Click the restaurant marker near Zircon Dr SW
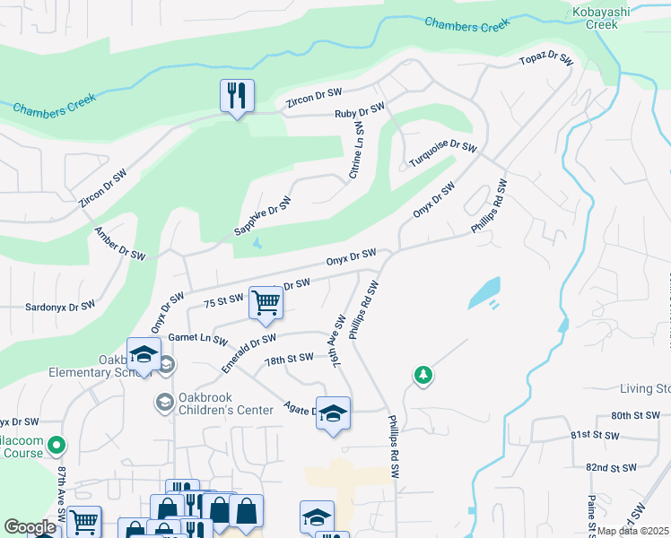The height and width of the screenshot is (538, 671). click(237, 96)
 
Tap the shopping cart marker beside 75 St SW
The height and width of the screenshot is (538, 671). click(266, 304)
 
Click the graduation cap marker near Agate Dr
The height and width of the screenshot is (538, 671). click(333, 413)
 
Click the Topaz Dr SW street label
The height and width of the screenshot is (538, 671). click(546, 60)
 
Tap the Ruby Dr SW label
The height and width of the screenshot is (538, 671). click(359, 112)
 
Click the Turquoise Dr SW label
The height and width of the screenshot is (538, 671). click(443, 154)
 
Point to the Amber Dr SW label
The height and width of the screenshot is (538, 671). click(120, 243)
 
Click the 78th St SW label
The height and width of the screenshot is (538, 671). click(289, 358)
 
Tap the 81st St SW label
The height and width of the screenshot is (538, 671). click(595, 435)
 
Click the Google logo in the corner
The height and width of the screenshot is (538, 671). click(30, 527)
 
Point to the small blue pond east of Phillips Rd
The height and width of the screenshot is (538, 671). click(484, 292)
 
